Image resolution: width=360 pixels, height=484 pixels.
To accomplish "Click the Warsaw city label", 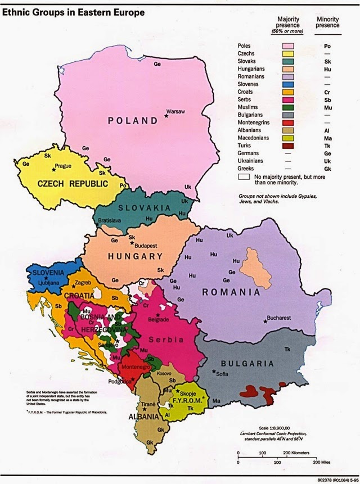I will tap(176, 111).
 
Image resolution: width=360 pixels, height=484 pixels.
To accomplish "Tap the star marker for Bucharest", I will tap(265, 322).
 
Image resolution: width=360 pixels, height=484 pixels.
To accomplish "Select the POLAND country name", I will tap(134, 121).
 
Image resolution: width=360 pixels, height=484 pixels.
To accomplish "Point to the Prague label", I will tap(63, 166).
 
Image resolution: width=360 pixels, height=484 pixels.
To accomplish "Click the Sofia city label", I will tap(224, 373).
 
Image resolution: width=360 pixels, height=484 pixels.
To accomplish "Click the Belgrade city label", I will tap(159, 320).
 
